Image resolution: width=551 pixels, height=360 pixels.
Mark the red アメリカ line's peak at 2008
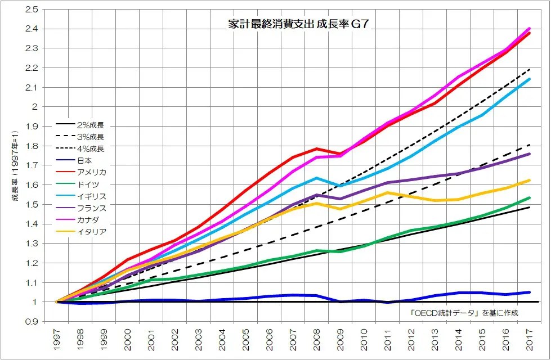pyautogui.click(x=317, y=148)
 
